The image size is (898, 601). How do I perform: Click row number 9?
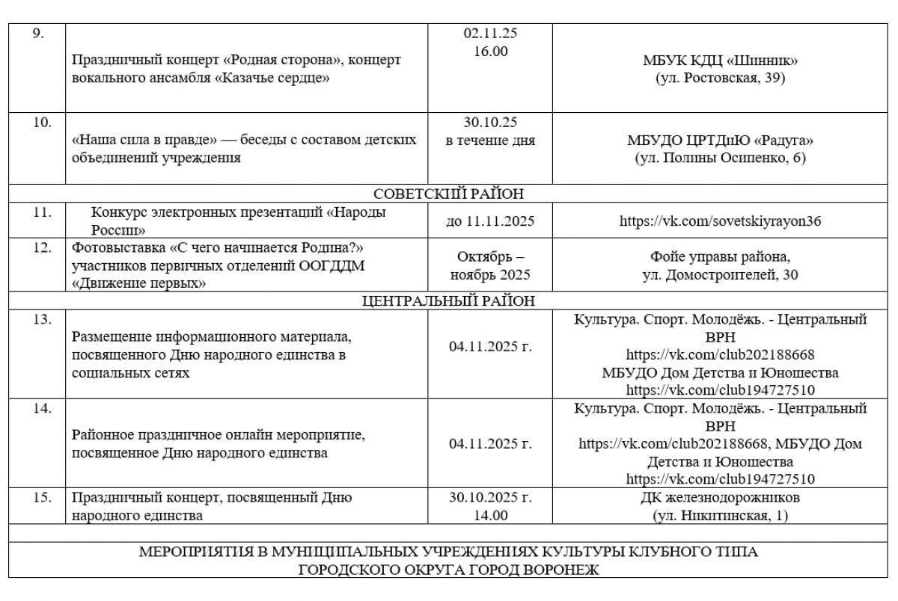(x=39, y=34)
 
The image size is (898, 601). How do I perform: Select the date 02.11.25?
(x=490, y=34)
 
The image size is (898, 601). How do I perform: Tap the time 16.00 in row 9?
(x=490, y=51)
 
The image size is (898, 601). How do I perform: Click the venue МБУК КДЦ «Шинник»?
(x=719, y=61)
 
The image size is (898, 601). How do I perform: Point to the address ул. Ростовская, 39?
(x=719, y=78)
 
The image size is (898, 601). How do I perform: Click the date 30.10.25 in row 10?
(x=490, y=123)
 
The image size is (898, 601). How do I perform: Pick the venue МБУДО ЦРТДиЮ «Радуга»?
(x=719, y=141)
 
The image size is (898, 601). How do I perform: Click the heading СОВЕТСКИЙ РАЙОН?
(x=448, y=194)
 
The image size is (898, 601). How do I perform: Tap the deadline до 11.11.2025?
(x=490, y=221)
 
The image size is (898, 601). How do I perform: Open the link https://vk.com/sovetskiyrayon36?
(x=719, y=221)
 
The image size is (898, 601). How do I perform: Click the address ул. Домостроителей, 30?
(x=719, y=275)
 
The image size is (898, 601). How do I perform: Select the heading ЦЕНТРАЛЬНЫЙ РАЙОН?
(x=448, y=301)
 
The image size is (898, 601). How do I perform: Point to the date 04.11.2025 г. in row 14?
(x=490, y=444)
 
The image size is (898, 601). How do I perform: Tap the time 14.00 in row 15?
(x=490, y=515)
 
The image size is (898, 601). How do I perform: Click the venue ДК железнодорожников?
(x=719, y=497)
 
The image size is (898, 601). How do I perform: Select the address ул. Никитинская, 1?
(x=719, y=515)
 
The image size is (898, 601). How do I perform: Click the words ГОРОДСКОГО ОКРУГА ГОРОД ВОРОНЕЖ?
(x=448, y=570)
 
